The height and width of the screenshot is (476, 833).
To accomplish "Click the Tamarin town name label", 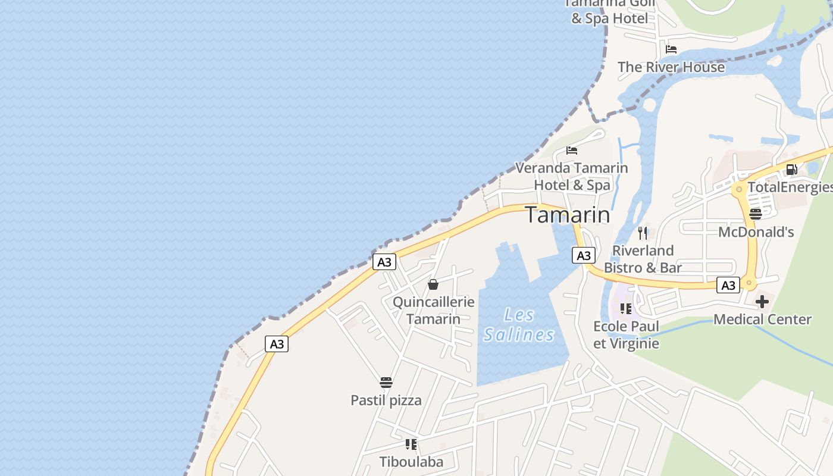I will click(568, 215).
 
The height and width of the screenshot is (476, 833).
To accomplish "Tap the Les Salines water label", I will click(519, 325).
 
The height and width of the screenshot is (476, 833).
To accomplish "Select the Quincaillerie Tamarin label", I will click(433, 310).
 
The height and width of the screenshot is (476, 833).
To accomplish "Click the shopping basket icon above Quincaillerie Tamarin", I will click(433, 284).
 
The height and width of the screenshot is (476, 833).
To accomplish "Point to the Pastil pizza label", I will click(386, 400).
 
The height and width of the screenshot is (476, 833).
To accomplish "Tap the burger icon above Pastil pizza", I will click(386, 382).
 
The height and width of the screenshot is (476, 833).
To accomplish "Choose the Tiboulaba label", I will click(411, 462).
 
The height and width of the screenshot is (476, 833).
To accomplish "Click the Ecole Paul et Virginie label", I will click(626, 334).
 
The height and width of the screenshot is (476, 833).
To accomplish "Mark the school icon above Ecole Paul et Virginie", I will click(626, 308).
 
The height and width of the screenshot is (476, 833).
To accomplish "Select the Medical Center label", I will click(762, 320).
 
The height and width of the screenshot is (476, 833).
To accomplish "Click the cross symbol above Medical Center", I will click(762, 302).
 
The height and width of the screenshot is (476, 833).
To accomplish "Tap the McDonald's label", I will click(756, 232).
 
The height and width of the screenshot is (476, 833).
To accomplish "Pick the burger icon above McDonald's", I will click(756, 214).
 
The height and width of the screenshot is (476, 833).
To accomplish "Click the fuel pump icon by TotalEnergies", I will click(791, 170).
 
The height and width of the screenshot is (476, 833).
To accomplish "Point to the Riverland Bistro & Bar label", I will click(643, 259).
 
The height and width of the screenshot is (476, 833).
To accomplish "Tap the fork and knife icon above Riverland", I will click(643, 233).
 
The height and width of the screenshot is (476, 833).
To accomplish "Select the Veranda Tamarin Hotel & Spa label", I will click(571, 176).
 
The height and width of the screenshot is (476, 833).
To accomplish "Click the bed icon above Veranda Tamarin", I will click(572, 150).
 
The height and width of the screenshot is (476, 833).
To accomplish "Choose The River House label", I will click(671, 67).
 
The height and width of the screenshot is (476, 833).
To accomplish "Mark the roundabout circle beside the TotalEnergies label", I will click(739, 189).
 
